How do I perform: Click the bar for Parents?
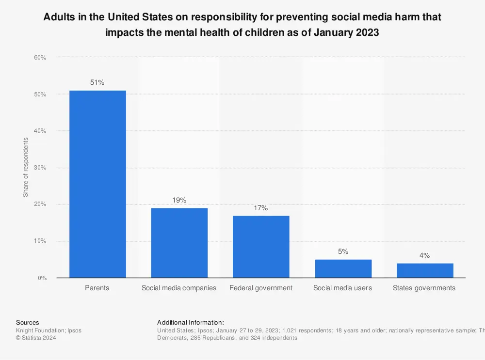97,184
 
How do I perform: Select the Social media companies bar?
179,243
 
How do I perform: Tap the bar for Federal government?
261,247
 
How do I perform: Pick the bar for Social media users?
343,268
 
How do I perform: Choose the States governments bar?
425,270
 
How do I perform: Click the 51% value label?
97,82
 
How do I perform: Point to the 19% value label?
179,200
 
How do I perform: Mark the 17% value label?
261,208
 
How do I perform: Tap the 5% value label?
343,251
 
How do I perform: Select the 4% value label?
425,255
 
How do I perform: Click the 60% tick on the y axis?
40,58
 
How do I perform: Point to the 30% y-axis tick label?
40,168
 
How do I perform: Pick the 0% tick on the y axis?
42,278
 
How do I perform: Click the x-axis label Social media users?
342,288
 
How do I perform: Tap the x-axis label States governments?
424,288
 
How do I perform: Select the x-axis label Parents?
97,288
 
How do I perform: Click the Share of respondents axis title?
26,167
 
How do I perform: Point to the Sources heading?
28,322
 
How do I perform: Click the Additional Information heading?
191,322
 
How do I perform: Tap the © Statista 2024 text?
36,338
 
